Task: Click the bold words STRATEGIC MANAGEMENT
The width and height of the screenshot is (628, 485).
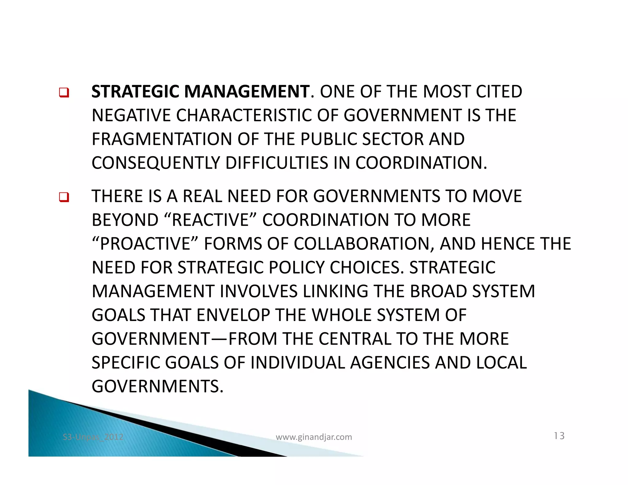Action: (201, 92)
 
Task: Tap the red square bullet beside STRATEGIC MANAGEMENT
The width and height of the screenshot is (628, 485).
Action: (64, 92)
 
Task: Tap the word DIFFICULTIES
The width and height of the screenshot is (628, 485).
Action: (277, 163)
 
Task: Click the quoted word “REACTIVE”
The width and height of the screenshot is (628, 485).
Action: (210, 220)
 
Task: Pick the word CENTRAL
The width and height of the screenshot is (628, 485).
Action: (355, 339)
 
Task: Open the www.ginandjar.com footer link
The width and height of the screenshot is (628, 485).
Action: (314, 437)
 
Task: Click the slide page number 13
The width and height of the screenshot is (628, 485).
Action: (559, 436)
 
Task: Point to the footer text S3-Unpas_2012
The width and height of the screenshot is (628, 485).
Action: (93, 437)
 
